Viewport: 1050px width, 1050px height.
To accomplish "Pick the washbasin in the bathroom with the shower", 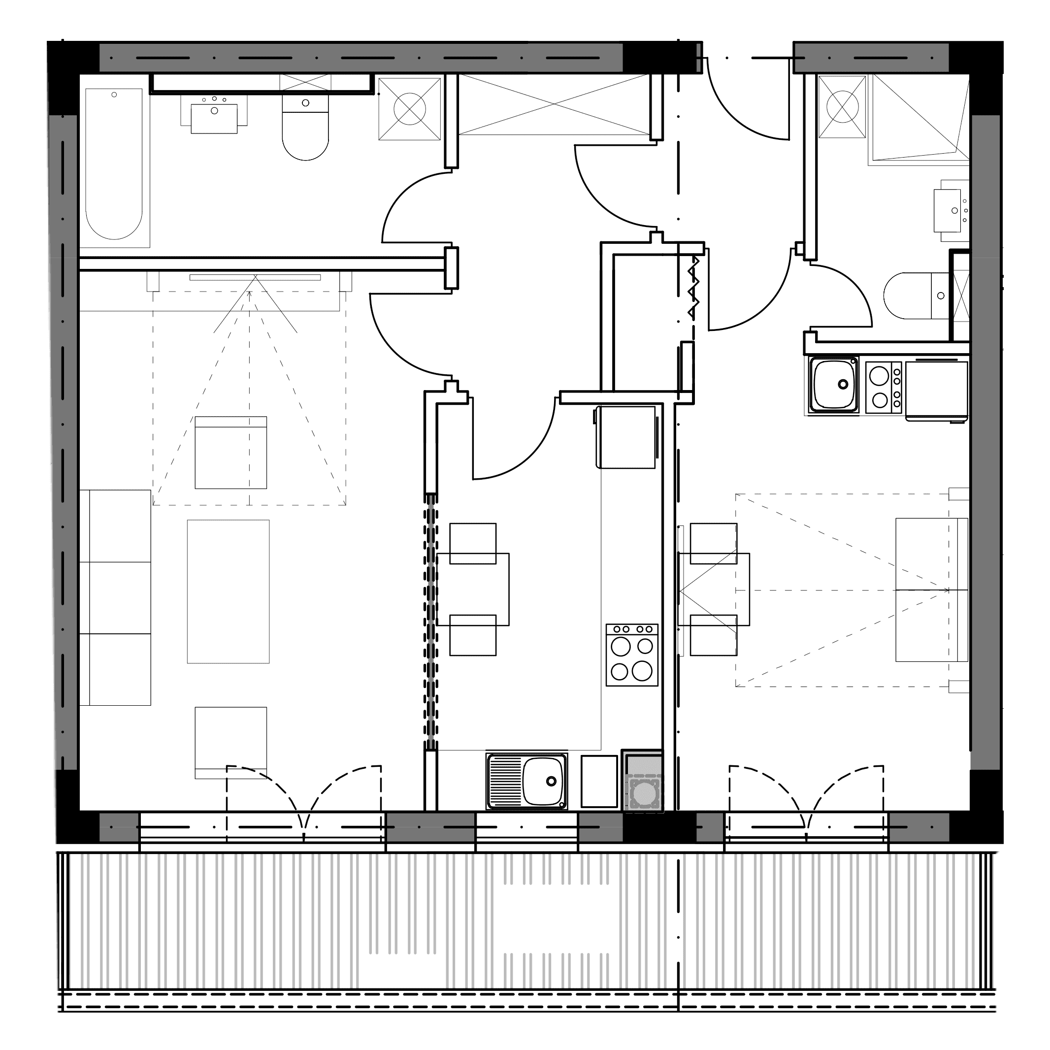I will [948, 210].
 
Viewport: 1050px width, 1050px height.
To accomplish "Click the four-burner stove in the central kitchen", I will [632, 655].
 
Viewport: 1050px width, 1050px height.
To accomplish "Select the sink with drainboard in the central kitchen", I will [526, 781].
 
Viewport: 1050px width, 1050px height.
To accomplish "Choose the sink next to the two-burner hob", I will [834, 385].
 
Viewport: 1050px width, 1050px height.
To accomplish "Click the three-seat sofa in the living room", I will [115, 598].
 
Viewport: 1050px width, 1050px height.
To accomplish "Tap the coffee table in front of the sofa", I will [228, 591].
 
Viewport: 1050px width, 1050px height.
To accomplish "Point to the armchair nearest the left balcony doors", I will [231, 742].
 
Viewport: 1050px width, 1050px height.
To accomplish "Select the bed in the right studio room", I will [931, 590].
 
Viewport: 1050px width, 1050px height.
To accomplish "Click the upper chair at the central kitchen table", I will [473, 544].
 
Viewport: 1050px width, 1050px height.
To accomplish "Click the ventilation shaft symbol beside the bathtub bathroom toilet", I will [409, 109].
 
